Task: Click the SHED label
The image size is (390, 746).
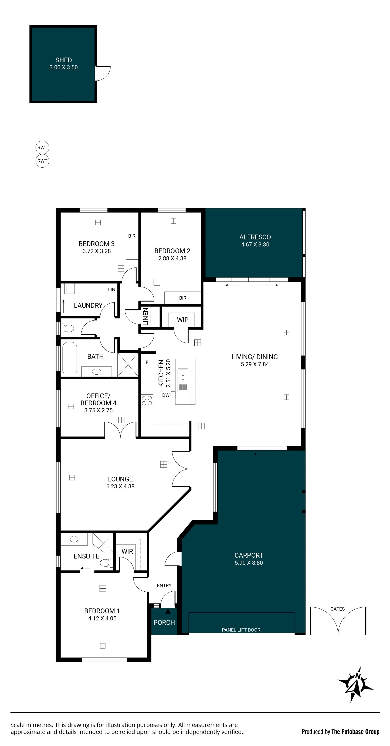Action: (x=63, y=60)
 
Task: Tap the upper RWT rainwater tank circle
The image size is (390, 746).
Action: (x=42, y=147)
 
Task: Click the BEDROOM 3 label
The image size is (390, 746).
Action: (x=96, y=244)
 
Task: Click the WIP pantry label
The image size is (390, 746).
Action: (x=183, y=320)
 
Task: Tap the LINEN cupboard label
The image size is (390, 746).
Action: (x=146, y=317)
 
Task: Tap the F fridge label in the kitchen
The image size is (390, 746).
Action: (x=147, y=362)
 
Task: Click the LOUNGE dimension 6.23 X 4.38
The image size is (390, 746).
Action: (x=120, y=486)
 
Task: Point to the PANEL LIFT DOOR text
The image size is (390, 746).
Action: (x=241, y=630)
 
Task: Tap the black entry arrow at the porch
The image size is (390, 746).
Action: (x=168, y=611)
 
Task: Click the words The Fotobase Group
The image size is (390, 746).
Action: (x=355, y=732)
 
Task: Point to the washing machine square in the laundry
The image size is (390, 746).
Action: (x=69, y=288)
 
